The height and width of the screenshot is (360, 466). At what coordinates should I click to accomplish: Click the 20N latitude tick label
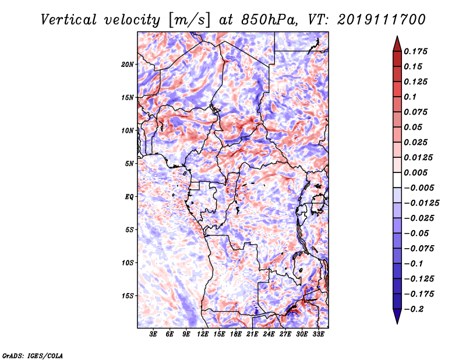click(x=127, y=65)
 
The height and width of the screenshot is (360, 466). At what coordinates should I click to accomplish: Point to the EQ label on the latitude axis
click(x=129, y=197)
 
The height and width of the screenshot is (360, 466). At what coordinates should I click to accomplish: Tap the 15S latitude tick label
click(x=127, y=296)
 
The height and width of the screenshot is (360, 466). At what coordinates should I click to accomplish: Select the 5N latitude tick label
click(x=129, y=164)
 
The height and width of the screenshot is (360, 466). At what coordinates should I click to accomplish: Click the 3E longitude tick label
click(x=153, y=334)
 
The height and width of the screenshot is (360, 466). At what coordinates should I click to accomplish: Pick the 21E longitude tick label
click(x=252, y=334)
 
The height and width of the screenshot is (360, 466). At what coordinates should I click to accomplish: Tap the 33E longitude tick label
click(x=318, y=334)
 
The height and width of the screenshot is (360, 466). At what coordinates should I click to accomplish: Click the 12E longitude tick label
click(x=203, y=334)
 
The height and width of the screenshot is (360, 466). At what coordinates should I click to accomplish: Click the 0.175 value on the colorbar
click(x=415, y=51)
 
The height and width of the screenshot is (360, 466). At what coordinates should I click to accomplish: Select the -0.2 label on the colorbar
click(x=414, y=309)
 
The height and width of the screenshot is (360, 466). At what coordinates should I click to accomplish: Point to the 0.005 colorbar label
click(x=415, y=172)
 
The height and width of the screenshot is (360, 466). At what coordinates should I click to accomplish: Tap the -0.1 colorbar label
click(x=414, y=264)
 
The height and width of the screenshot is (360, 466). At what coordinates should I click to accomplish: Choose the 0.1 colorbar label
click(x=410, y=97)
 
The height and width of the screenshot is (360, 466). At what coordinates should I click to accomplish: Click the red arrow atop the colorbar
click(x=397, y=44)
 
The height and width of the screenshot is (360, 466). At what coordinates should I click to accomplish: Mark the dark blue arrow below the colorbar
click(x=397, y=316)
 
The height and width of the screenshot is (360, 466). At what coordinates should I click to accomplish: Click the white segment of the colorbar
click(x=397, y=180)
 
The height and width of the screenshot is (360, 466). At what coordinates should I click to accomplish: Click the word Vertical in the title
click(x=69, y=20)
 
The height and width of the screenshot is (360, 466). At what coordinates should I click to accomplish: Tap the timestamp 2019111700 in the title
click(x=382, y=20)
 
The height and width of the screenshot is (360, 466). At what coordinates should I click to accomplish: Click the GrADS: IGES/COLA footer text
click(x=33, y=355)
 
